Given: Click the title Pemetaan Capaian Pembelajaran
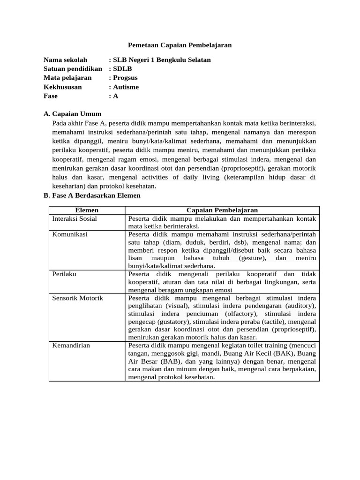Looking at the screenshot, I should click(180, 45).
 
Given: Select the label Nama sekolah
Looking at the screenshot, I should click(66, 60).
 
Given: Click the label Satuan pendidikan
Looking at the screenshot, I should click(73, 69).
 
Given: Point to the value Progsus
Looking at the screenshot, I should click(125, 78).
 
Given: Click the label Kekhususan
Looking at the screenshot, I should click(63, 87).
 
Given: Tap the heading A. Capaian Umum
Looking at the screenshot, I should click(72, 114).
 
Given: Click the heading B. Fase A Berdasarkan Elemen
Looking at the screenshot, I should click(92, 195).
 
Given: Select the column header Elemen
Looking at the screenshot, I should click(87, 210).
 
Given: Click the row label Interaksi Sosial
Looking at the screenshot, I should click(75, 219).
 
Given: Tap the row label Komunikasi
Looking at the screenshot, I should click(70, 234).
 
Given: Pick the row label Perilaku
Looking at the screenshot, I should click(64, 274).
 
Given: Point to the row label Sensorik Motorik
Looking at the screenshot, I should click(77, 298).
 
